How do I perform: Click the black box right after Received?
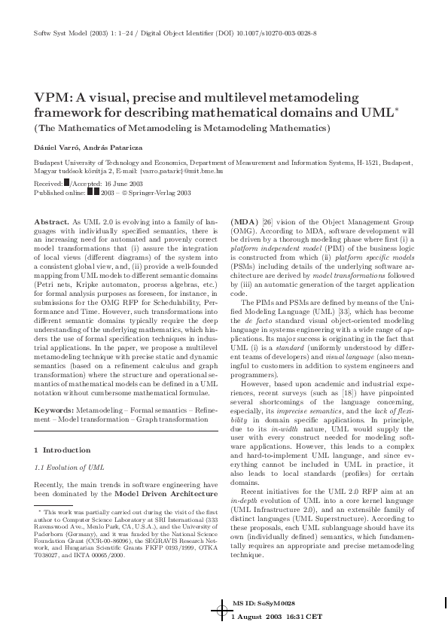67,183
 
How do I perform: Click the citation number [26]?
267,221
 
